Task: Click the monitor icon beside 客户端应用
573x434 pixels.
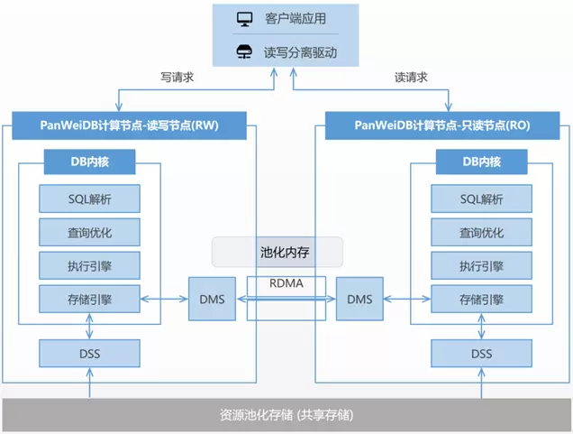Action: tap(243, 18)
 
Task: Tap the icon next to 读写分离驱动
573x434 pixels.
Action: tap(243, 51)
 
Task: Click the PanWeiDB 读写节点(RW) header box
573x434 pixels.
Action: tap(129, 125)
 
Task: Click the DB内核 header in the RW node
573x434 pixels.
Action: tap(89, 163)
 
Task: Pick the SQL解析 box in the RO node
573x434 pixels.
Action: tap(481, 199)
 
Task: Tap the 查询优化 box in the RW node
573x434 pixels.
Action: tap(89, 232)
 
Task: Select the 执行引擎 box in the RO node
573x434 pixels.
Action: tap(481, 265)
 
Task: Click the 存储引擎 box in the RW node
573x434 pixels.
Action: tap(89, 298)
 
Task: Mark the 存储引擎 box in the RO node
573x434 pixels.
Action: tap(481, 298)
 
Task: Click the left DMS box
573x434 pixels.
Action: tap(213, 299)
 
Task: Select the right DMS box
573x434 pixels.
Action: tap(359, 299)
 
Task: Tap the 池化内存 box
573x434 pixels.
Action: tap(277, 252)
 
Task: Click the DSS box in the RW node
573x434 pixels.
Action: tap(89, 353)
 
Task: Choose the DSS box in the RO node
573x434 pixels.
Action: tap(481, 353)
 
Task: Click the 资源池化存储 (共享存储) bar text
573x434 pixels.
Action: tap(286, 415)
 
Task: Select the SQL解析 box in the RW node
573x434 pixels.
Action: tap(89, 199)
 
